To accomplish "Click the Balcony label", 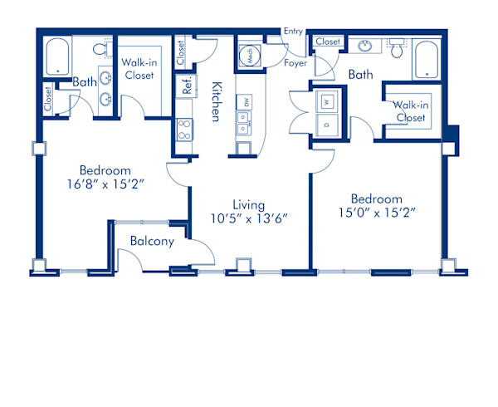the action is (152, 241).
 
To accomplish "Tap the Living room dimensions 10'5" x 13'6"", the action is (249, 218).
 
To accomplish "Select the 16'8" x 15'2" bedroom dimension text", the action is (105, 184).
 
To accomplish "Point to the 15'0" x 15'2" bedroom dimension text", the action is (377, 213).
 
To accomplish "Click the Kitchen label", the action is (217, 101).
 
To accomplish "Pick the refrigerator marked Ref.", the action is (187, 85).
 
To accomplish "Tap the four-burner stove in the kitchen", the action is (184, 130).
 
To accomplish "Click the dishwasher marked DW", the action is (244, 101).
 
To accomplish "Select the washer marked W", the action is (326, 101).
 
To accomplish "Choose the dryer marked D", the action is (327, 125).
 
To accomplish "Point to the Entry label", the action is (293, 31).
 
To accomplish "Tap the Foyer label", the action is (295, 63).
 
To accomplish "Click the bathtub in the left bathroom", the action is (57, 56).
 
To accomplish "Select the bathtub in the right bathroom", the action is (427, 60).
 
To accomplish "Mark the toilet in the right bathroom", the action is (397, 48).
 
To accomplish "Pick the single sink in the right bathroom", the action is (365, 46).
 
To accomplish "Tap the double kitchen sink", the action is (244, 123).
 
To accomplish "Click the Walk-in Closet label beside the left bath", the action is (139, 69).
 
